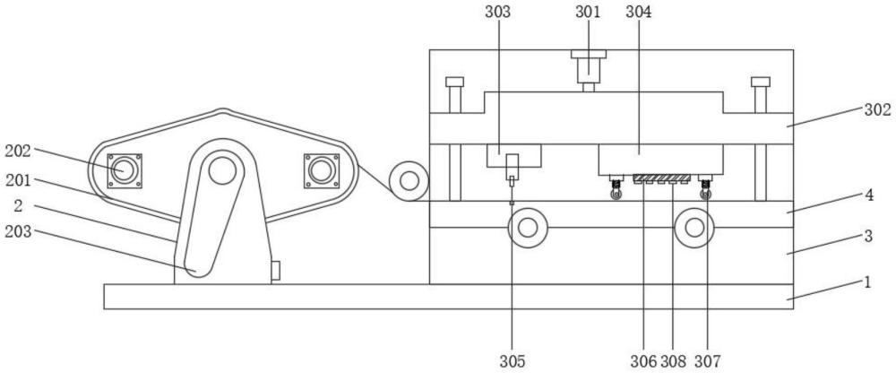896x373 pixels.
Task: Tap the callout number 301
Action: pyautogui.click(x=588, y=12)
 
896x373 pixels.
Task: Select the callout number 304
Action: pyautogui.click(x=638, y=12)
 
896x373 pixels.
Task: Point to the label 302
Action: pyautogui.click(x=877, y=110)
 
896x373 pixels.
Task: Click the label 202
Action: pyautogui.click(x=18, y=152)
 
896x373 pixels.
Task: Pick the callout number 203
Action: pyautogui.click(x=18, y=231)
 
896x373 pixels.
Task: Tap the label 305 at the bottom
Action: pyautogui.click(x=512, y=361)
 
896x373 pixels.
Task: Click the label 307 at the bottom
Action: pyautogui.click(x=708, y=361)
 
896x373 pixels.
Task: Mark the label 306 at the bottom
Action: pyautogui.click(x=644, y=361)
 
